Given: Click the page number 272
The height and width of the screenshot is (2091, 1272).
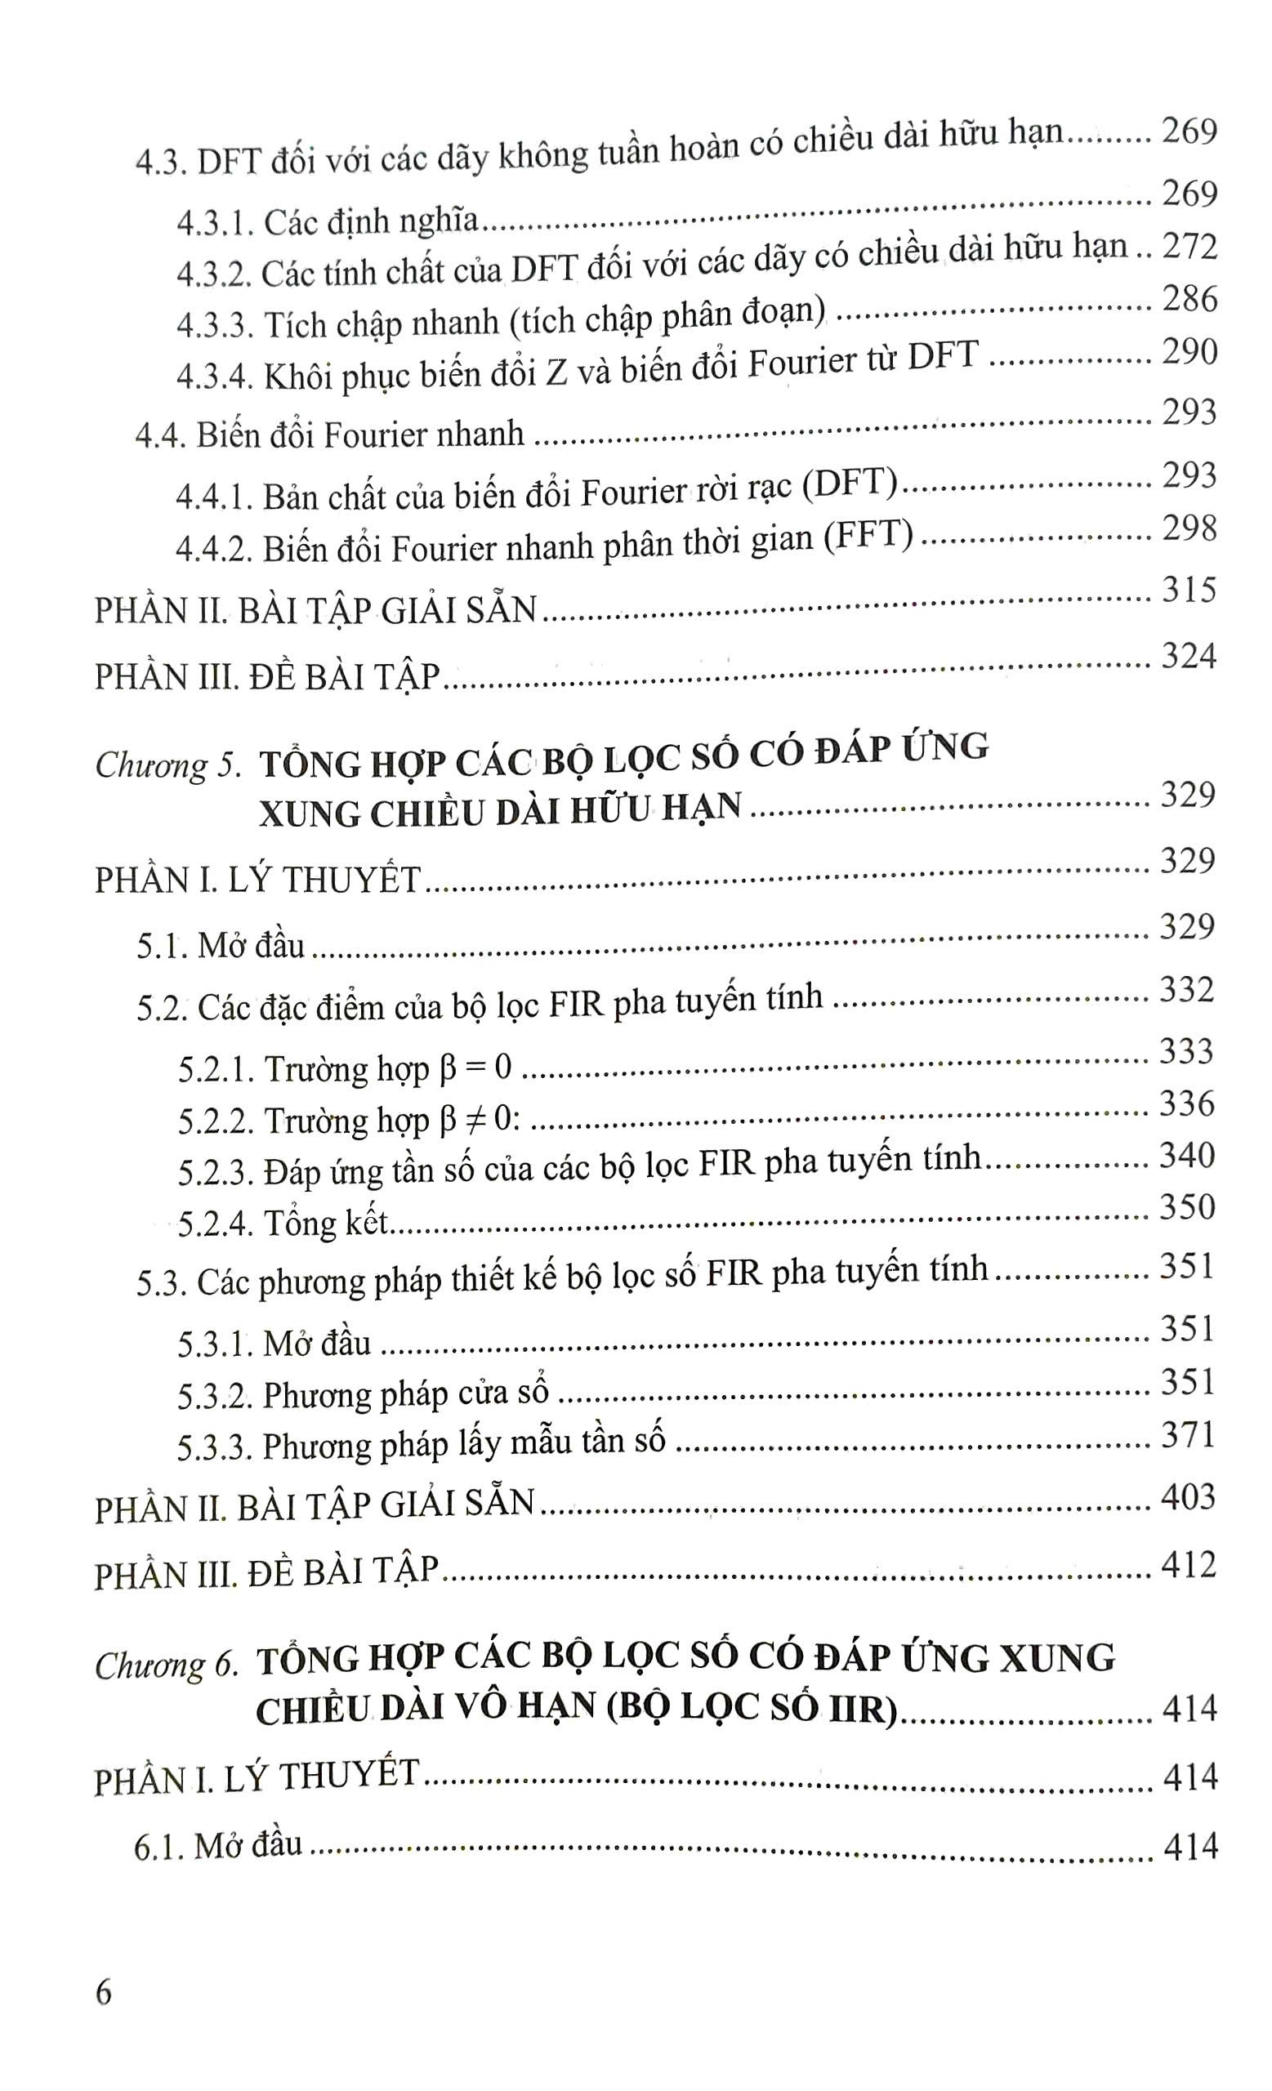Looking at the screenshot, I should pyautogui.click(x=1189, y=247).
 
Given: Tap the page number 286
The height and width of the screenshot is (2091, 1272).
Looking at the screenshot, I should pyautogui.click(x=1189, y=299).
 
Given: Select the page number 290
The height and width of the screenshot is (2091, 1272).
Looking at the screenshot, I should pyautogui.click(x=1189, y=351).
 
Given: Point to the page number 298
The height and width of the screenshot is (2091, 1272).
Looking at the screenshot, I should pyautogui.click(x=1189, y=528).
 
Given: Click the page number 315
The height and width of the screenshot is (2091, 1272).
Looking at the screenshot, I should pyautogui.click(x=1189, y=590).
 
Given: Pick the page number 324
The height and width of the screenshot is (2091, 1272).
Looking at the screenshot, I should pyautogui.click(x=1188, y=656).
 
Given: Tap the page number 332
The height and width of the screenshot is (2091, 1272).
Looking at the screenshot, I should pyautogui.click(x=1186, y=989).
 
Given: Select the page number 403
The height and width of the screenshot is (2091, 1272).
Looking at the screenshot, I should pyautogui.click(x=1188, y=1497).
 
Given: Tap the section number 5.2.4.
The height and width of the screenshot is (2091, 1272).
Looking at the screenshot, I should pyautogui.click(x=213, y=1224).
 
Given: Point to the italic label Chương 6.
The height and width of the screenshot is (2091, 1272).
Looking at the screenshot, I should pyautogui.click(x=165, y=1665).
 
